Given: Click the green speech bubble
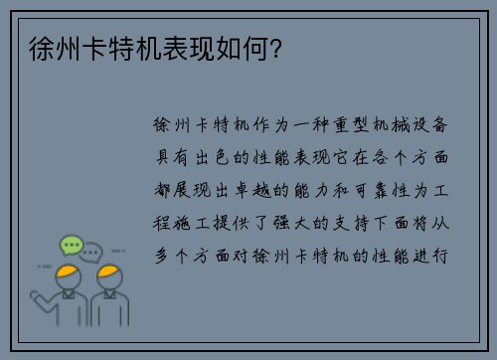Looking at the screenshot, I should [70, 245].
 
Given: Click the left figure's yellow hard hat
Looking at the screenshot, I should [68, 270].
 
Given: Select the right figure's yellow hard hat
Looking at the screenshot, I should [109, 271].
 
